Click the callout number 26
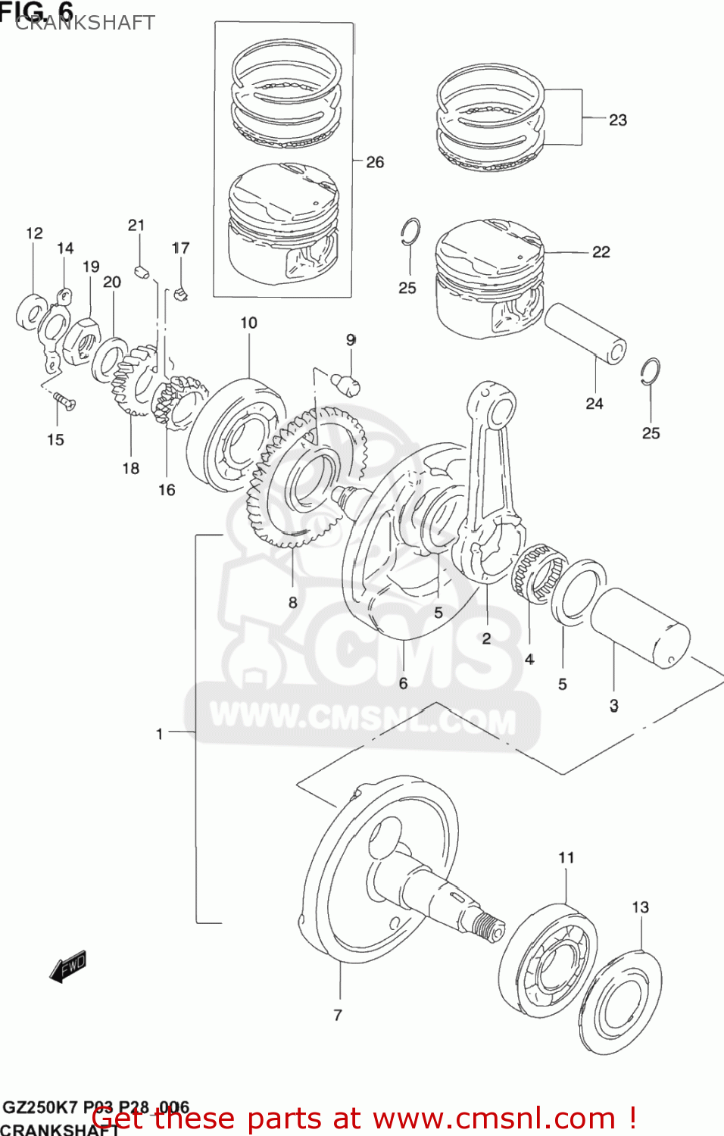[x=375, y=162]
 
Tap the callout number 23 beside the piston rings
[x=618, y=120]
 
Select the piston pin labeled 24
[x=585, y=333]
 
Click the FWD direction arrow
[x=68, y=966]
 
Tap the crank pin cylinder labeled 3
[x=641, y=629]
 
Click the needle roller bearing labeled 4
[x=538, y=573]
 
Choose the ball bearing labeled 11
[x=548, y=960]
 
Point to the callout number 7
[x=338, y=1015]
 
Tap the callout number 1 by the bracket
[x=159, y=733]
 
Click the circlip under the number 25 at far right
[x=650, y=371]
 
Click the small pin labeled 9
[x=348, y=383]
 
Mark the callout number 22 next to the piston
[x=601, y=251]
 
